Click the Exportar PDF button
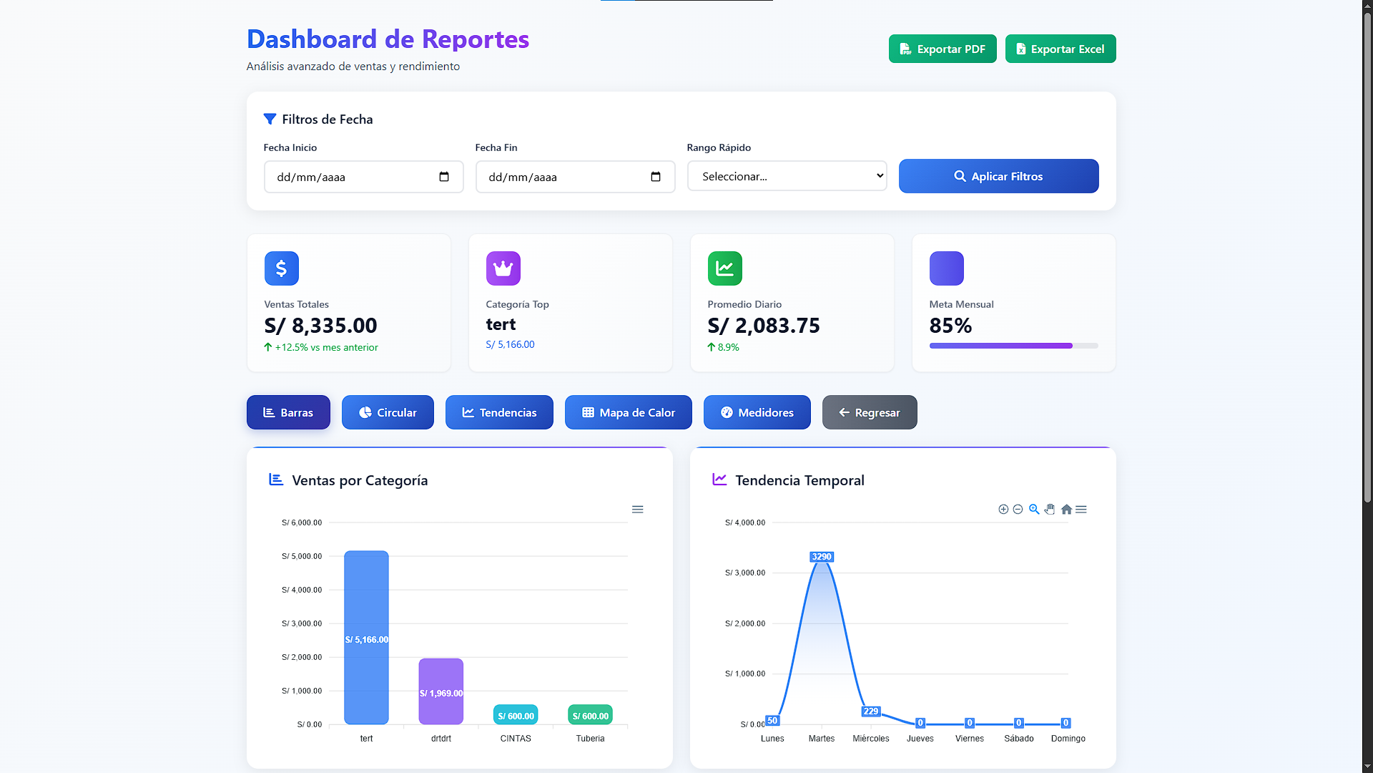[942, 49]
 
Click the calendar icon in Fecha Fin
[655, 177]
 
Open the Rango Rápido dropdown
[787, 176]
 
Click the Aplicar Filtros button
[998, 176]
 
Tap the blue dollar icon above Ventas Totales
[281, 268]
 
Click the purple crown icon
[503, 268]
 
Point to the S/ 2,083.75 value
[763, 326]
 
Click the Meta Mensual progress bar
[1013, 346]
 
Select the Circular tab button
[388, 412]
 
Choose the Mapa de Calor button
[628, 412]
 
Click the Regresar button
[869, 412]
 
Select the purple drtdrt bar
[441, 691]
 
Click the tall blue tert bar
[366, 637]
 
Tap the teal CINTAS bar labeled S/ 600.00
[516, 715]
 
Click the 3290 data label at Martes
[821, 557]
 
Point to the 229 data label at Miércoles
[870, 711]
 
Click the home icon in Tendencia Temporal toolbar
[1066, 510]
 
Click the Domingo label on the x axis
[1068, 739]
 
